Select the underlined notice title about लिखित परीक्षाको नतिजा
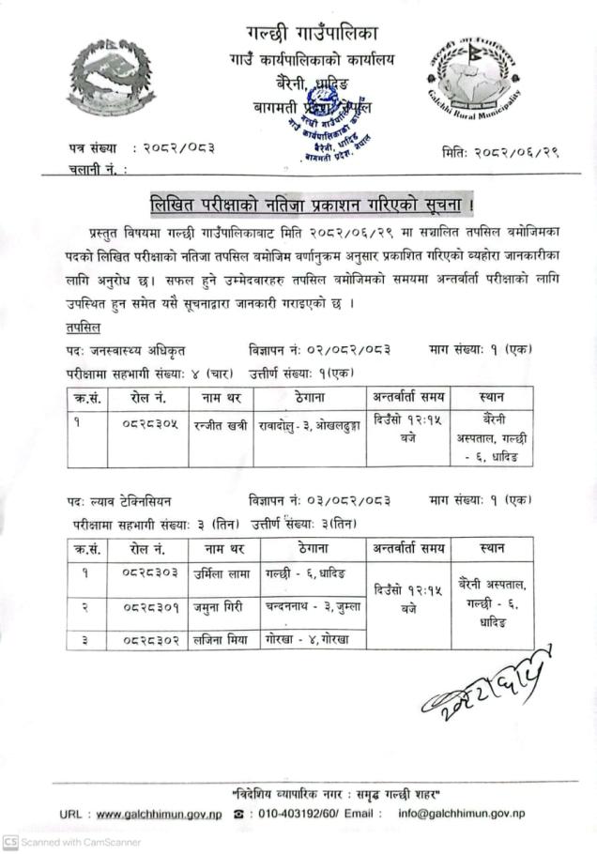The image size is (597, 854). (x=298, y=204)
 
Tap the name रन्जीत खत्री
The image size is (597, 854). (x=221, y=425)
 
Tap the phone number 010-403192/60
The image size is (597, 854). (x=296, y=813)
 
